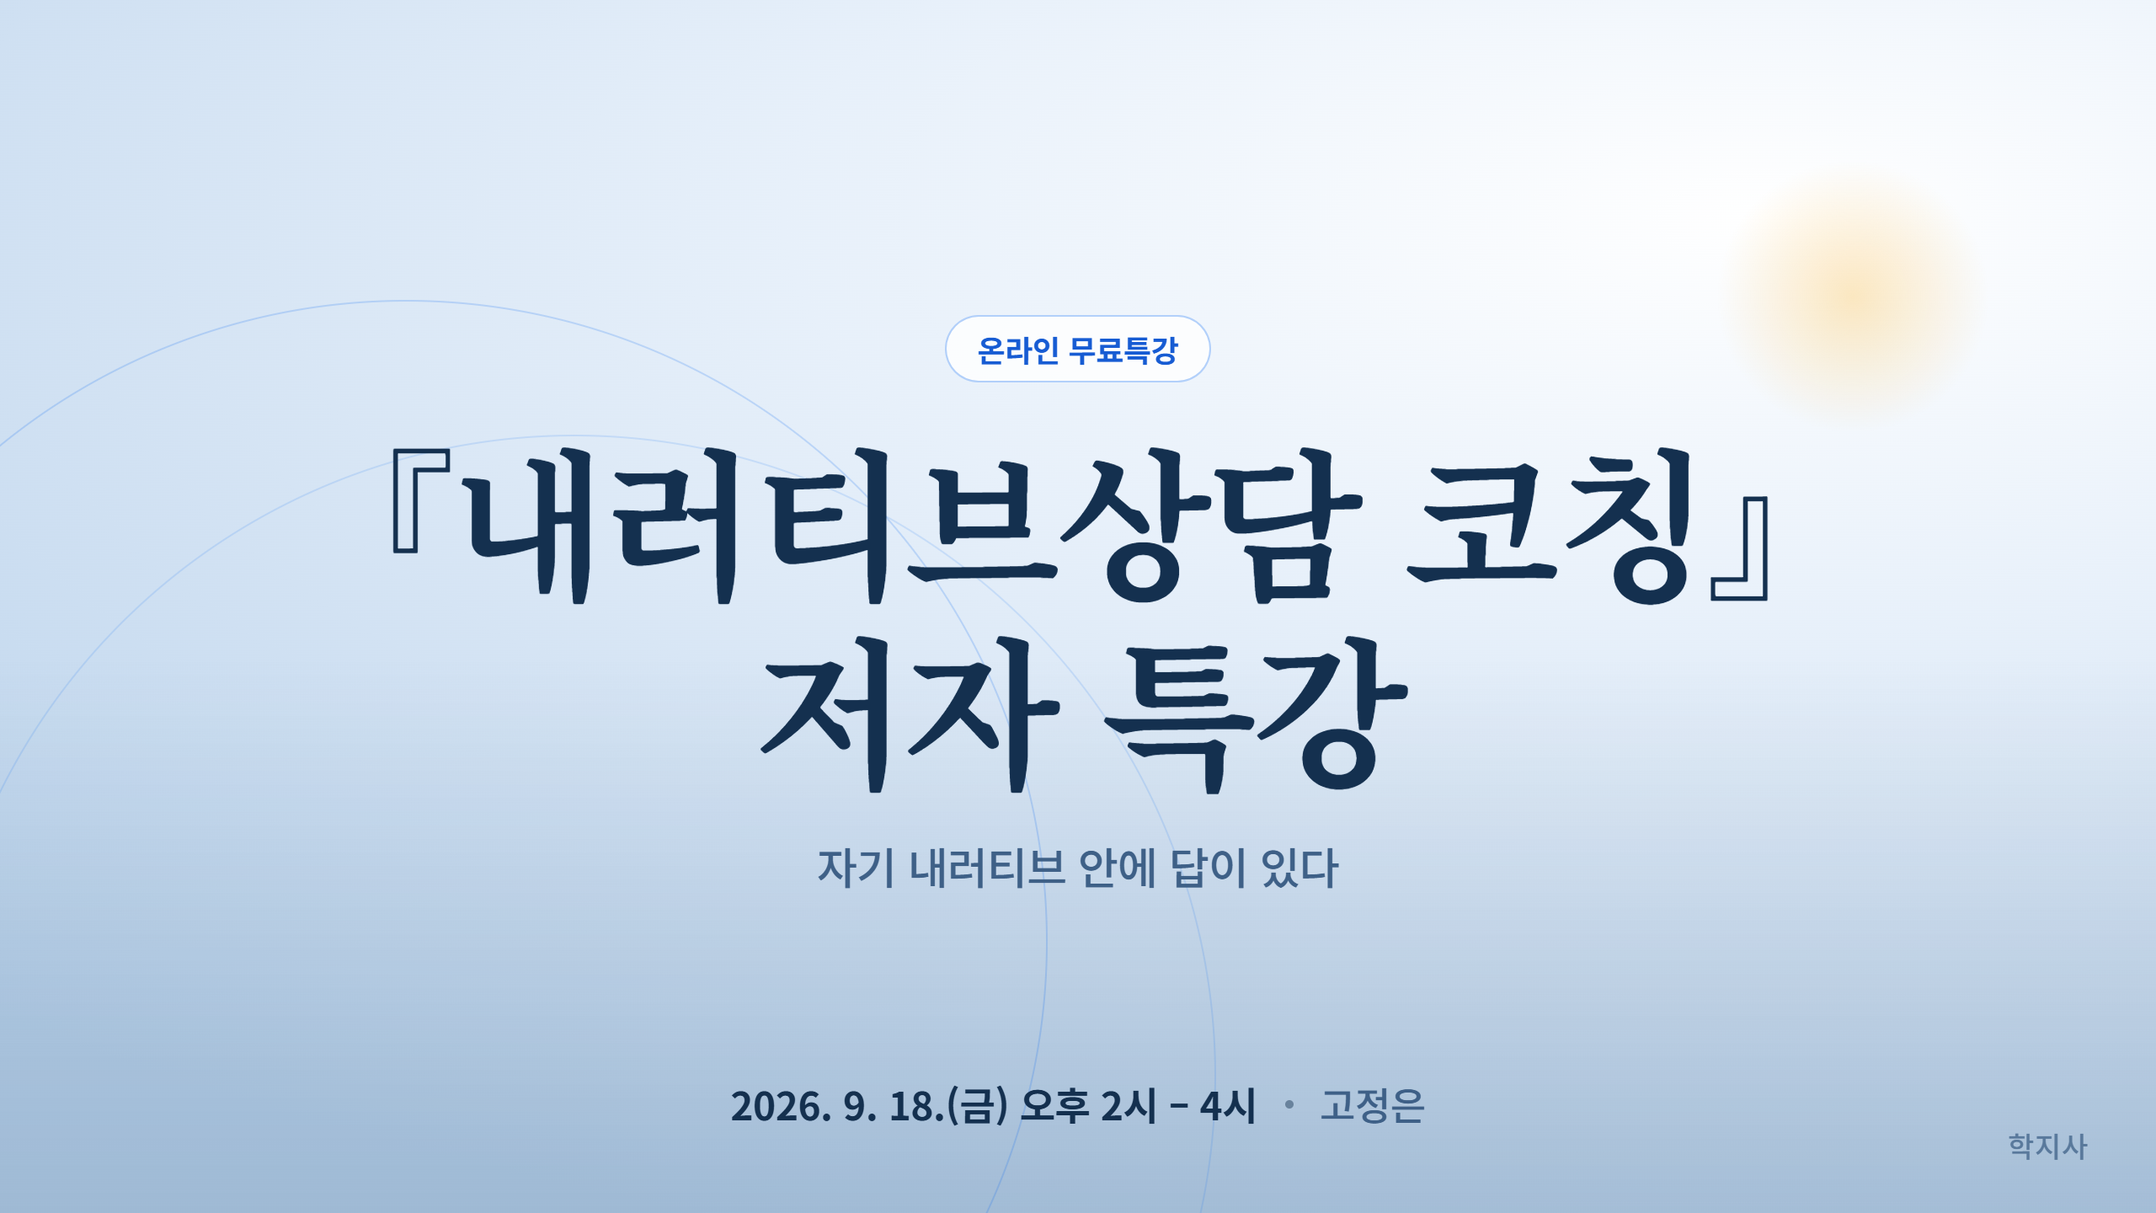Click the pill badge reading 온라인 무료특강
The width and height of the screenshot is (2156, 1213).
tap(1077, 349)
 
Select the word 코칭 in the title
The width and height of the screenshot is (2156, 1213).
tap(1550, 526)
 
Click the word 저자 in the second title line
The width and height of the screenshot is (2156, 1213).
tap(910, 714)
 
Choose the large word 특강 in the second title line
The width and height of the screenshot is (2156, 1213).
tap(1256, 714)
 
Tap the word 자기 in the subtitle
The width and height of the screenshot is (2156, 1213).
tap(856, 868)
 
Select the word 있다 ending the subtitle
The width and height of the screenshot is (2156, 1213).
tap(1299, 868)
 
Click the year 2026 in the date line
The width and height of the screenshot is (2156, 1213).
tap(781, 1106)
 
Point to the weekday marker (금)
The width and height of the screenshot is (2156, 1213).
tap(978, 1106)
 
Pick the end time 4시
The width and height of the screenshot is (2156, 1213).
tap(1227, 1106)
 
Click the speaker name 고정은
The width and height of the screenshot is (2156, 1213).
tap(1372, 1106)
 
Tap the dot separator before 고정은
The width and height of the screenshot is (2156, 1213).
tap(1289, 1103)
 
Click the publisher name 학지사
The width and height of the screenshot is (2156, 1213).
tap(2047, 1146)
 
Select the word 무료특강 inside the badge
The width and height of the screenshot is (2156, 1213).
tap(1123, 350)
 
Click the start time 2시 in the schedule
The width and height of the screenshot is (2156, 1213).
tap(1129, 1106)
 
